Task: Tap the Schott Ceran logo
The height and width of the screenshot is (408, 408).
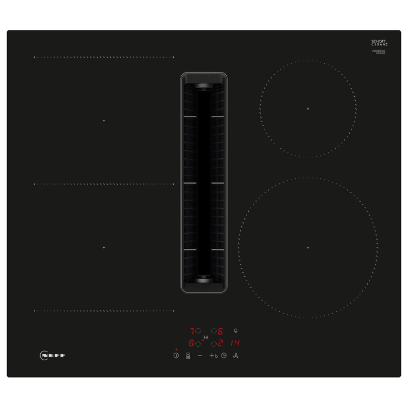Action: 379,43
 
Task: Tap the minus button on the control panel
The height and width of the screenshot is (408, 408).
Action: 200,356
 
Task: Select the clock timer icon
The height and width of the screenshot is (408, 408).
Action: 224,356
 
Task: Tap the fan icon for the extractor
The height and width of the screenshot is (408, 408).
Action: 236,356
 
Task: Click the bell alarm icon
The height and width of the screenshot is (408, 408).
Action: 235,330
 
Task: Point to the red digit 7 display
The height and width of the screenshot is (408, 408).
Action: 192,330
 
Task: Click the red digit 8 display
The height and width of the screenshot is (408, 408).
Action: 191,343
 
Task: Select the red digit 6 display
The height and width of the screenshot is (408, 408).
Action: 221,330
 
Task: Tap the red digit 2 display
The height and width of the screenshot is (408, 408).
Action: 221,343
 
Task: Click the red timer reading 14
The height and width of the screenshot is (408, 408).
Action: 235,343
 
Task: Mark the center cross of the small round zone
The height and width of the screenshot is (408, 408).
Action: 308,109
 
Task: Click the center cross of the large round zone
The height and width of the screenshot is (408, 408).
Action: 308,248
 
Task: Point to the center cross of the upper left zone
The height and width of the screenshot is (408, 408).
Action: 104,120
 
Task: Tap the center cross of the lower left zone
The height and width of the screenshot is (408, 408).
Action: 104,247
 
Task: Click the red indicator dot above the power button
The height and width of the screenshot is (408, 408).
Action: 176,349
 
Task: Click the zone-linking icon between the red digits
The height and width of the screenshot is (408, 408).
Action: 205,337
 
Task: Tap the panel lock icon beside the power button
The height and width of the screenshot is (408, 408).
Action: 188,356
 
